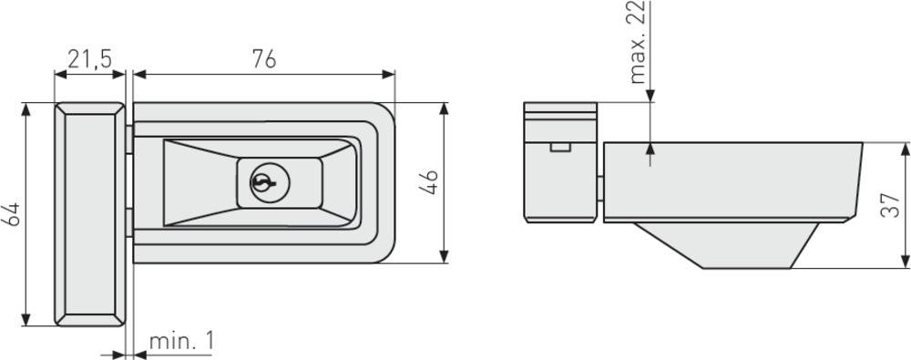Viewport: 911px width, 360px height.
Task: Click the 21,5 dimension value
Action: click(89, 59)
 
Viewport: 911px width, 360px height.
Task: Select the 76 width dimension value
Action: click(264, 59)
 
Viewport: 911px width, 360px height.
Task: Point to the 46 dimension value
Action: click(431, 181)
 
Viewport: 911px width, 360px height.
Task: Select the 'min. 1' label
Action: click(181, 342)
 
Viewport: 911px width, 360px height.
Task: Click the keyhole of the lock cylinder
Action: click(261, 183)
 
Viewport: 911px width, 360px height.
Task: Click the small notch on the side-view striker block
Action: click(560, 146)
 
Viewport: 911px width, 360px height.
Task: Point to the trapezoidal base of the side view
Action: click(729, 244)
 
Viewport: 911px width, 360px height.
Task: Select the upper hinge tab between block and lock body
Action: click(129, 139)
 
